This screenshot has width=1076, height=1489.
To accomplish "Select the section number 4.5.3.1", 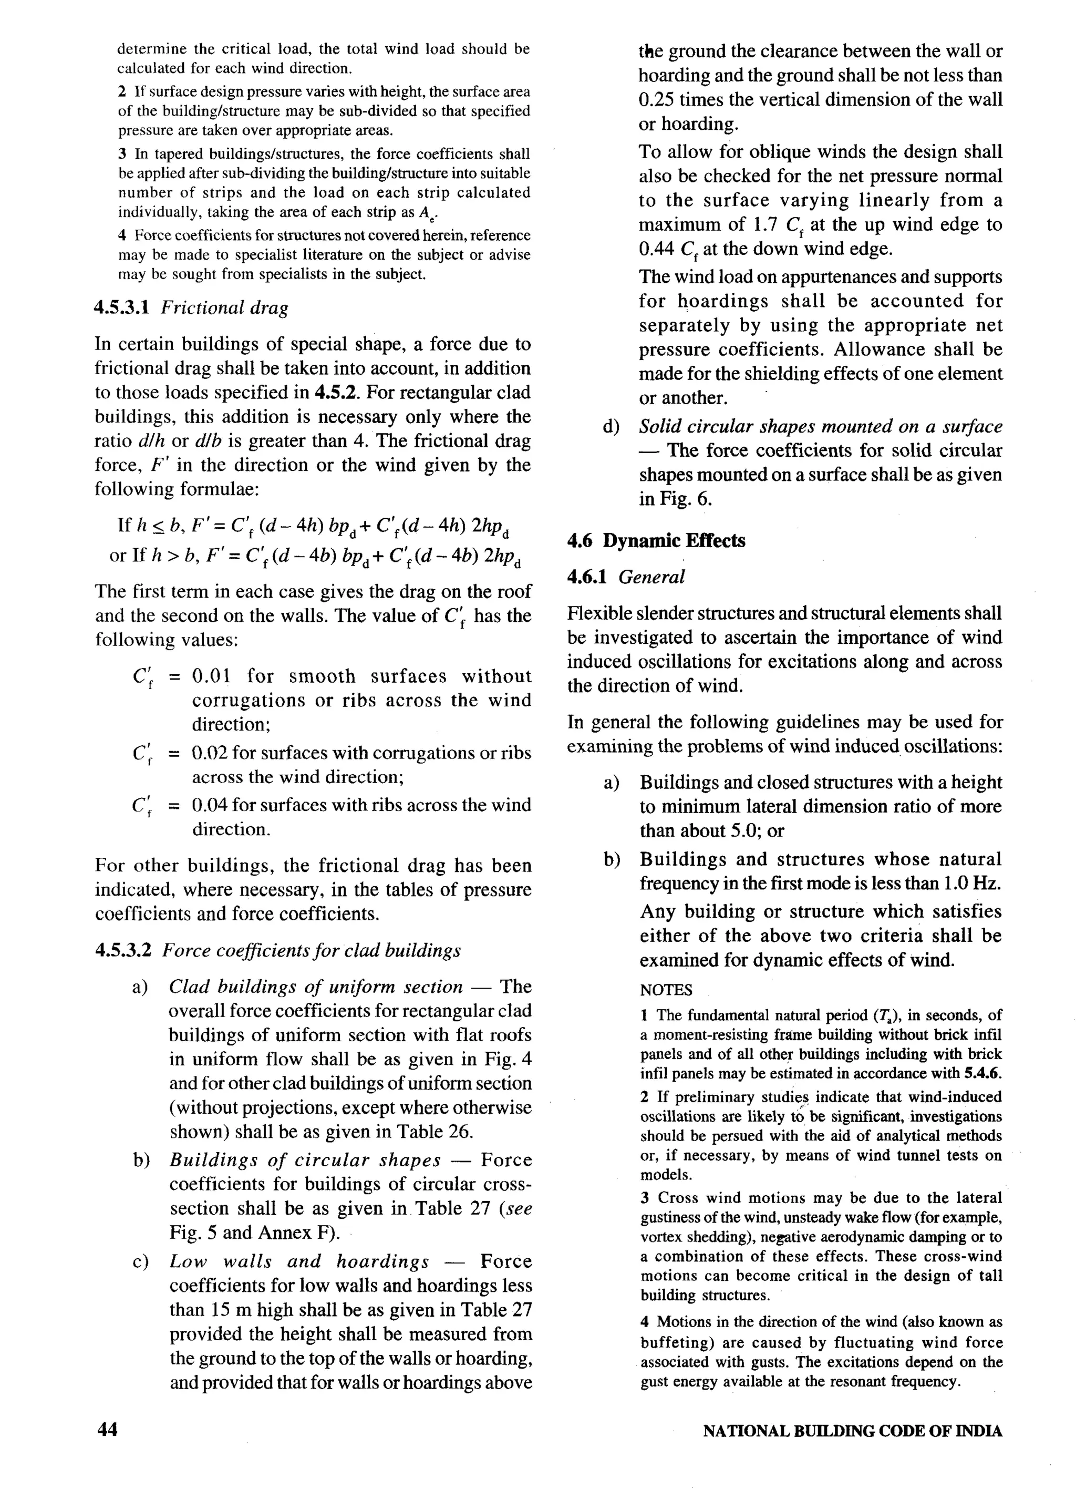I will point(123,308).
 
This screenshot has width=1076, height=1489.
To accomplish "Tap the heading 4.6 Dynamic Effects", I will point(656,541).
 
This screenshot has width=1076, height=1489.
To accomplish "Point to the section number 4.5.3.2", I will point(123,951).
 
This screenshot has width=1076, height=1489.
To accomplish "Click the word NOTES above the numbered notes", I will point(666,990).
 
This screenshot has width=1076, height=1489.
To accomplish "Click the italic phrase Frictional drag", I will point(224,308).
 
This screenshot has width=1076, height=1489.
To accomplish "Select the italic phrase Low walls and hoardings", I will point(299,1262).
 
